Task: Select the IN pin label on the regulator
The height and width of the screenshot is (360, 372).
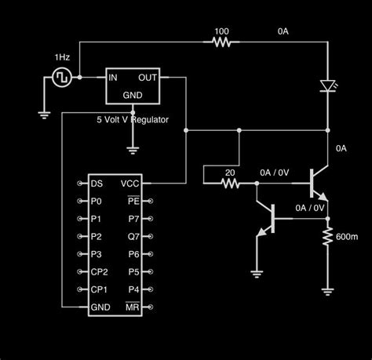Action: (113, 78)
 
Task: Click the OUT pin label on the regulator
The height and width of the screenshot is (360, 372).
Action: (149, 78)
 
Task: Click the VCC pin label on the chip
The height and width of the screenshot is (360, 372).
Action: (129, 184)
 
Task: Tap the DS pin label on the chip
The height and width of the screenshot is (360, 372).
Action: (97, 184)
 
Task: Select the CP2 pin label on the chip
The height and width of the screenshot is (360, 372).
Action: (100, 272)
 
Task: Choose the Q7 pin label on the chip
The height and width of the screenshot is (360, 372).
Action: (133, 237)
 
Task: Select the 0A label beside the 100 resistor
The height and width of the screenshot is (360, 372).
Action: (284, 32)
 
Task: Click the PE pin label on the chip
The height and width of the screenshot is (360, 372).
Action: (133, 202)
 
